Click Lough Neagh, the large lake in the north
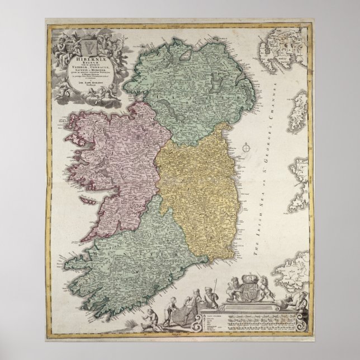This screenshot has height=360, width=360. [x=204, y=84]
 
